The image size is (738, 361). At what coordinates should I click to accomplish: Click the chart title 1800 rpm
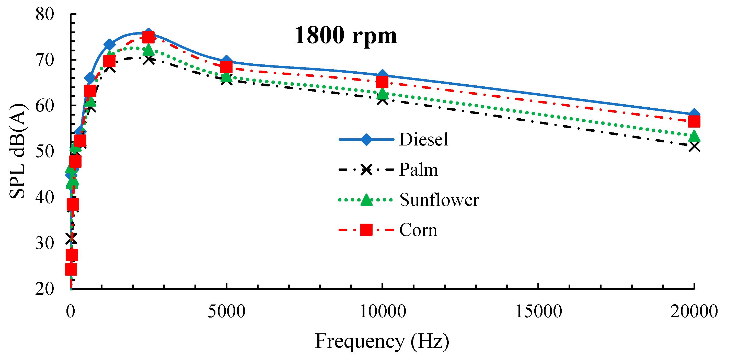point(346,36)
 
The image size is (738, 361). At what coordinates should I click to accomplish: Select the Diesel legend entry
point(423,140)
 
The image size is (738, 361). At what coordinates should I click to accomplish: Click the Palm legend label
point(418,170)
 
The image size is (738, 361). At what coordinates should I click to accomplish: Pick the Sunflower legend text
point(439,200)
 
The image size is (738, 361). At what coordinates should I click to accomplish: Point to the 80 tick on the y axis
point(45,14)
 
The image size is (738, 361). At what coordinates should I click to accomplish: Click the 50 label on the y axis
point(45,151)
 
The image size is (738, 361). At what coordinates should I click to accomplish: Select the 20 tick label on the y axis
point(45,289)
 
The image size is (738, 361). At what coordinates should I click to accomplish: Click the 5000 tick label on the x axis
point(226,312)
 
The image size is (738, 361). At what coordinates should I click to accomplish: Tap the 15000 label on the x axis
point(538,312)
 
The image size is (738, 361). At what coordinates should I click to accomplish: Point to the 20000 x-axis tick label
point(694,312)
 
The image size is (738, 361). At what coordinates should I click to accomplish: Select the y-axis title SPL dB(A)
point(18,151)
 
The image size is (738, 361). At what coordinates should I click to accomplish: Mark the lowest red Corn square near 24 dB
point(71,269)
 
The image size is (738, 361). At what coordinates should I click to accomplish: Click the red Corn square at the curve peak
point(148,37)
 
